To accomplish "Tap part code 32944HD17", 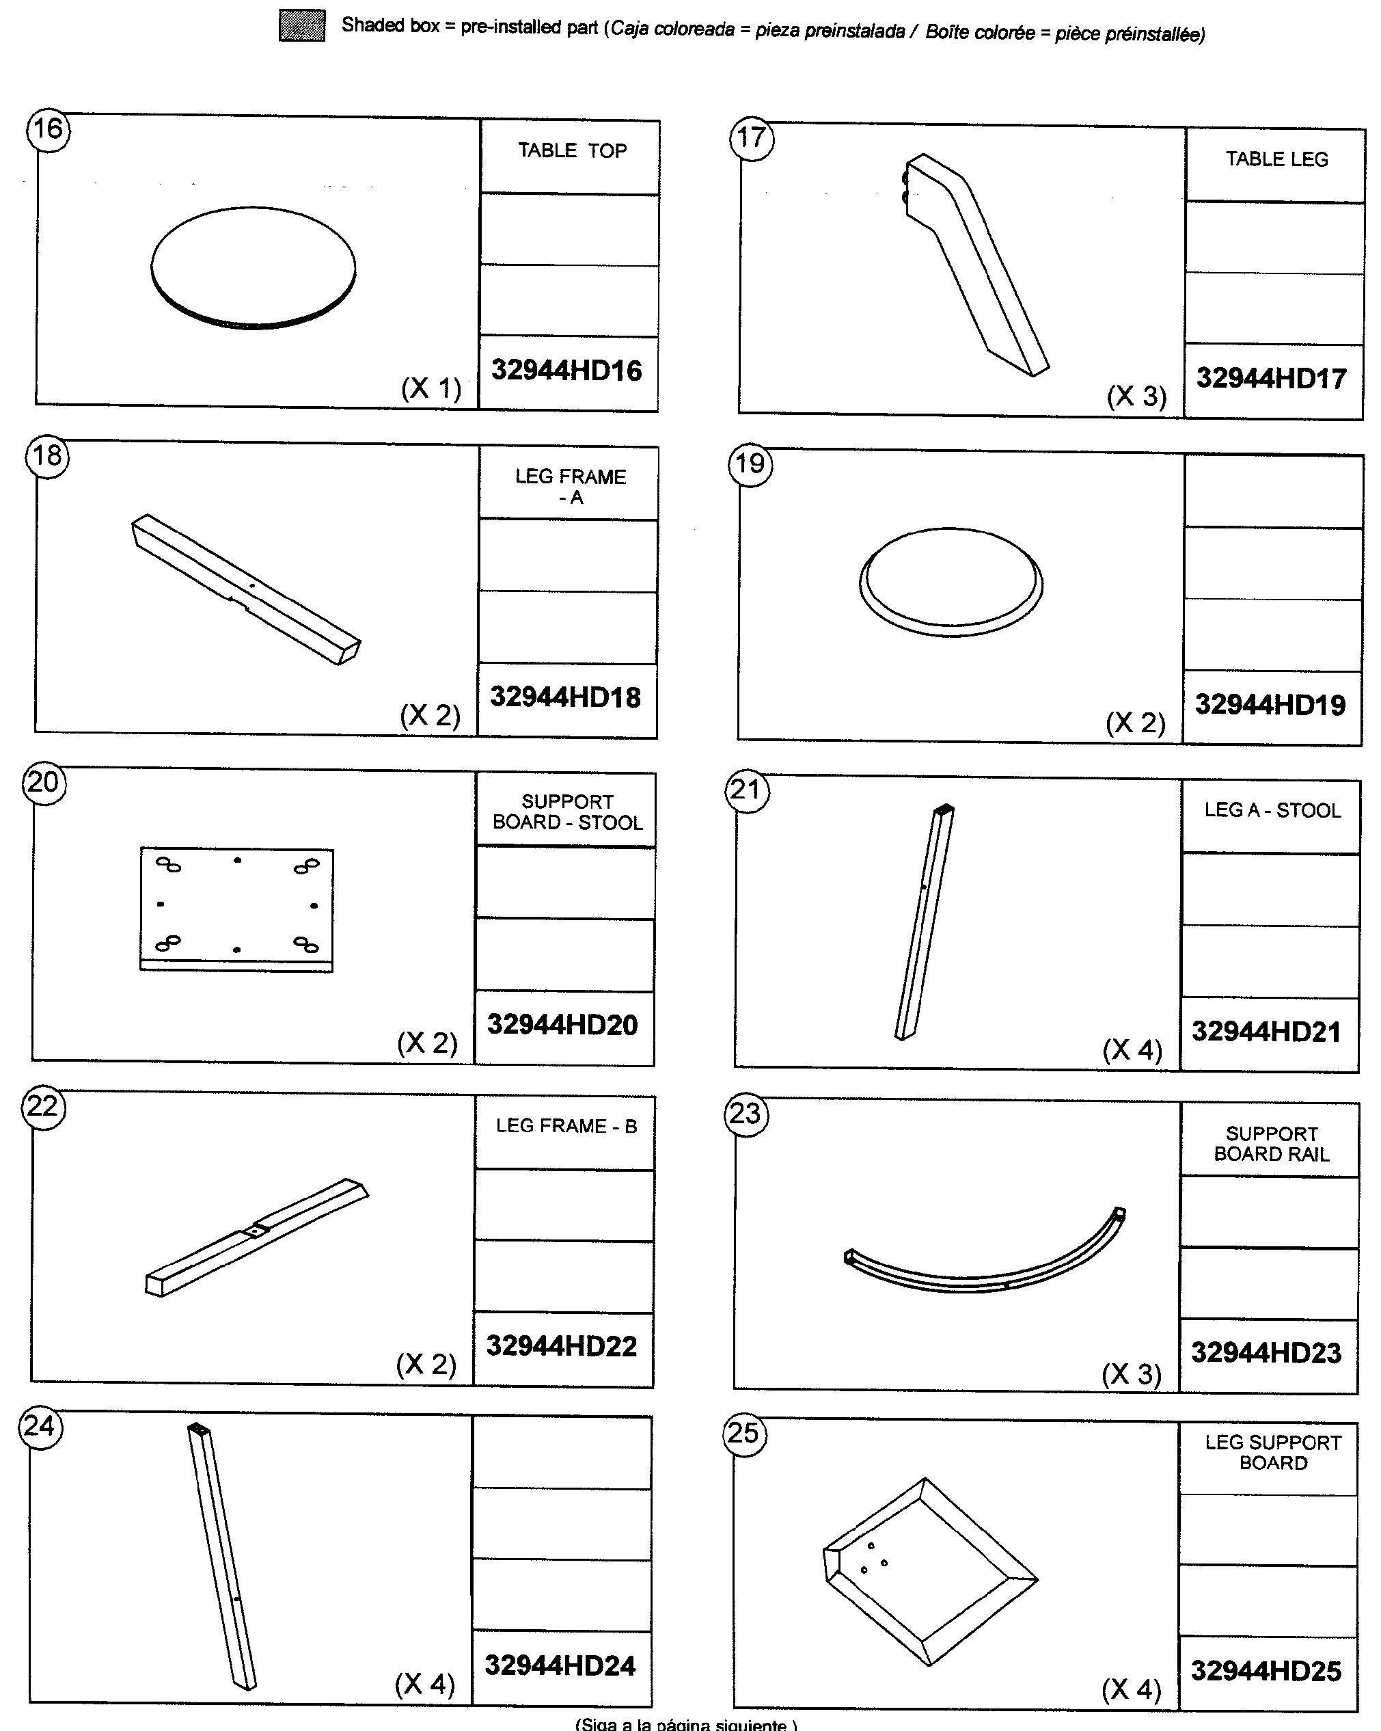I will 1271,378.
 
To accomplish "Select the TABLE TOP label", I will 571,151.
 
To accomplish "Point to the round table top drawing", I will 253,267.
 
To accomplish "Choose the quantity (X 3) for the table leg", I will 1136,396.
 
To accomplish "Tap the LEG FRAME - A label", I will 570,487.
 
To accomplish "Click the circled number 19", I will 750,465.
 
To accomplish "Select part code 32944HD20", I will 562,1025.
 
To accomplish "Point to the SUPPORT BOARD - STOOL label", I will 567,811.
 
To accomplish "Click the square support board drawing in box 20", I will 236,909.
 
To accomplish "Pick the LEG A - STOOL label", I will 1272,810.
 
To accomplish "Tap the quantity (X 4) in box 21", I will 1132,1049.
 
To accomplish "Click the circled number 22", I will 42,1107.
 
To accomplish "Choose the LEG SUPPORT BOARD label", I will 1272,1452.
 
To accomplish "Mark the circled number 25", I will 743,1433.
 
